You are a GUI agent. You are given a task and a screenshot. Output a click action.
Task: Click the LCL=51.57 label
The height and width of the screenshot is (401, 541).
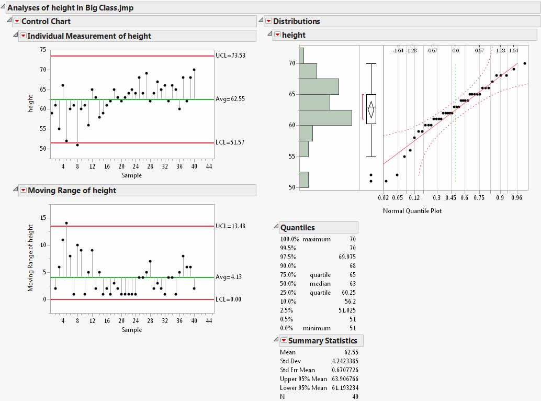(230, 142)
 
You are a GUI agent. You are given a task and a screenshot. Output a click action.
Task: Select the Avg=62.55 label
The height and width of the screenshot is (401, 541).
(231, 99)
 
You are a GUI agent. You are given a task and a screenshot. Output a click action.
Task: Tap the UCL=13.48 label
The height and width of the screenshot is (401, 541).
(230, 226)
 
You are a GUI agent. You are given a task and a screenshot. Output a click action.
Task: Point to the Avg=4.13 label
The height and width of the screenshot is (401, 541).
(228, 277)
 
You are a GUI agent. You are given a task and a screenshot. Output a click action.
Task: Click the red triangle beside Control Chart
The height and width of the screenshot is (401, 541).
(17, 21)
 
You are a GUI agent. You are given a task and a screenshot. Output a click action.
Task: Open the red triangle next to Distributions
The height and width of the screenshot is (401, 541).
(269, 21)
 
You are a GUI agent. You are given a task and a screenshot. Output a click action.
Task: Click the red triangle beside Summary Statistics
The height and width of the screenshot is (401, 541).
(284, 341)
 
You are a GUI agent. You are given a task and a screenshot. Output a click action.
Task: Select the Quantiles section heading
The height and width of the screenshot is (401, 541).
(298, 228)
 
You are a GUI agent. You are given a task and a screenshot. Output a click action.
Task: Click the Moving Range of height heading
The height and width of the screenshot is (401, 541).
(72, 191)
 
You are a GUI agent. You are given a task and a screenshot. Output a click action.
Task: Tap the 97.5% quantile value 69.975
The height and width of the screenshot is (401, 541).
(347, 257)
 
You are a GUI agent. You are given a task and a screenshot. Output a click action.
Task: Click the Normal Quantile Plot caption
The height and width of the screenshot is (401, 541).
(412, 211)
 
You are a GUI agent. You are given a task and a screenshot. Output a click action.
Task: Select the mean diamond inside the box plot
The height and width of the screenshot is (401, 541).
(371, 110)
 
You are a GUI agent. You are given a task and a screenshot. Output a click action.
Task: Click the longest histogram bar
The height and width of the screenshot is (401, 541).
(325, 117)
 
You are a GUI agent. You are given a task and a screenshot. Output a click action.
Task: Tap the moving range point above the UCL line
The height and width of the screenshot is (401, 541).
(66, 223)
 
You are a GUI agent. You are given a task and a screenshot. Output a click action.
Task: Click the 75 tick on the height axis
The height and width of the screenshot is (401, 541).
(42, 50)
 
